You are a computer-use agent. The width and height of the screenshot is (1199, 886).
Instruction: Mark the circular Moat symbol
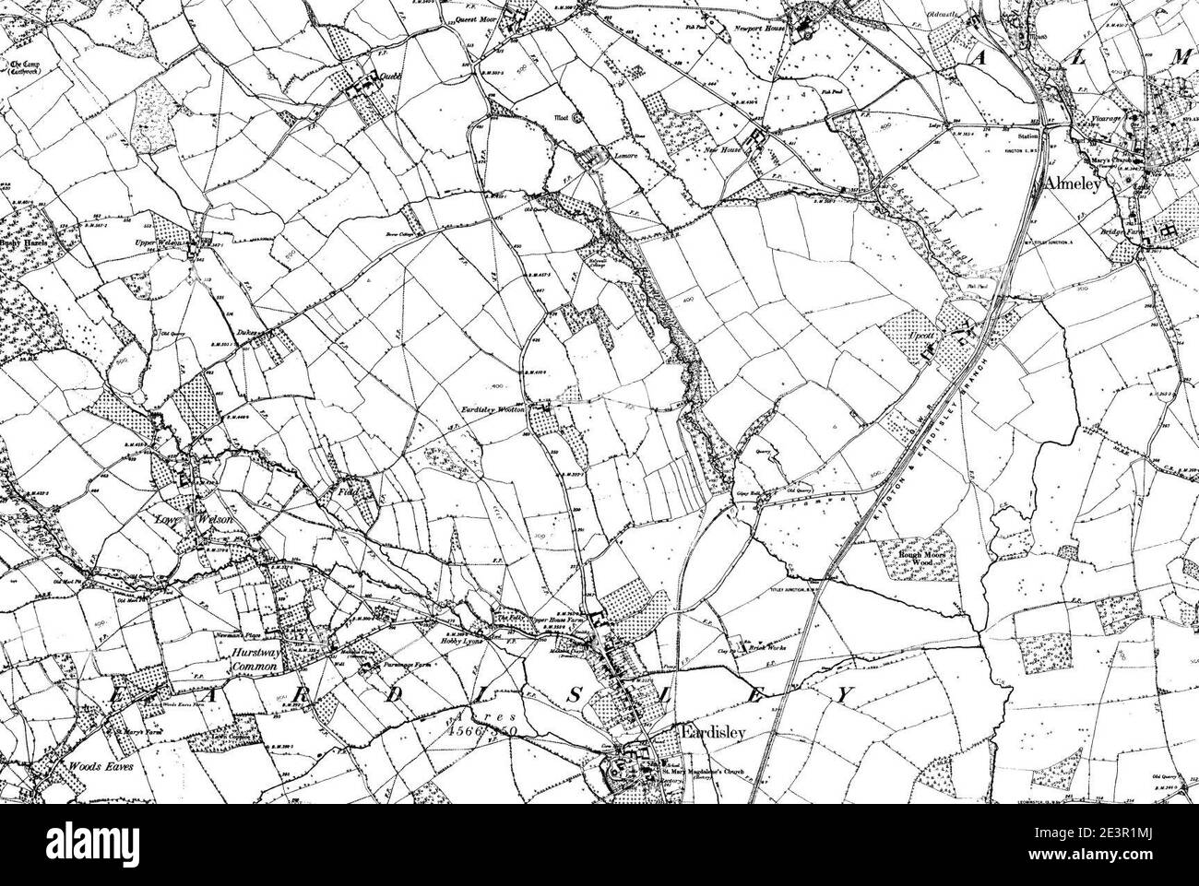coord(578,117)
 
